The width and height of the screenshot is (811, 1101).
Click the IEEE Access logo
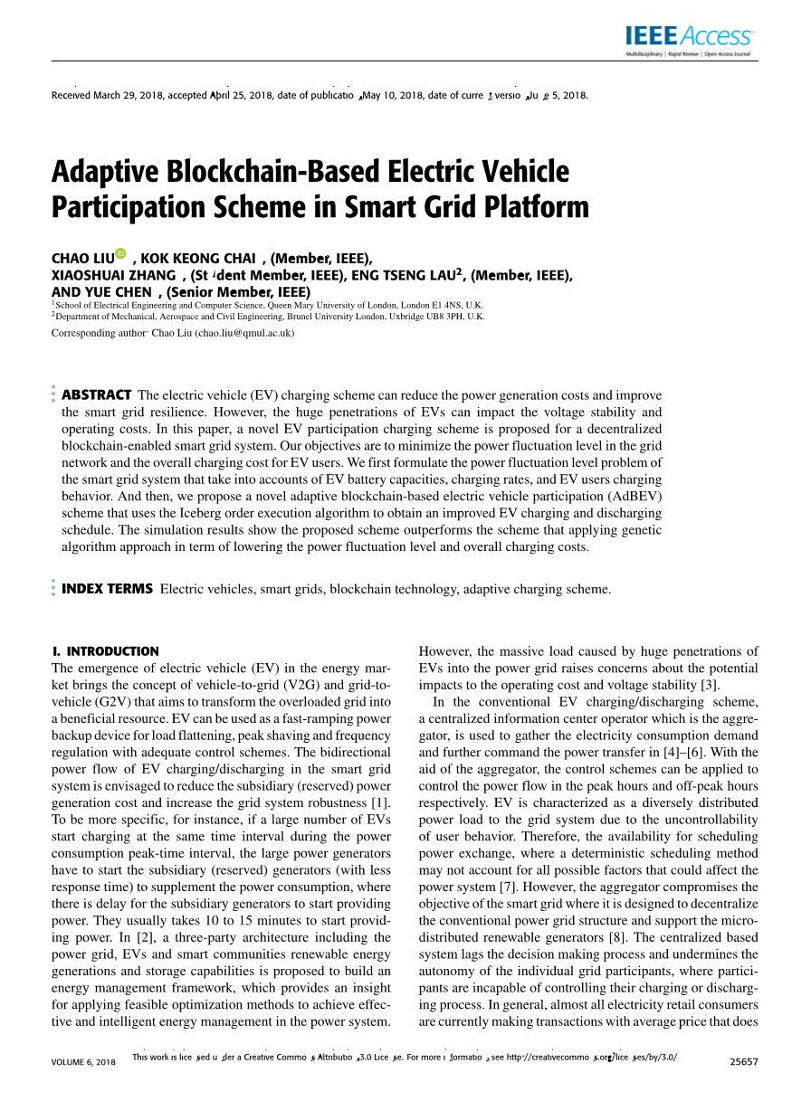point(689,37)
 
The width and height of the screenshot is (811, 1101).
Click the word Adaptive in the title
point(107,171)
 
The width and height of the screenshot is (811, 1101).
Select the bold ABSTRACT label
point(97,394)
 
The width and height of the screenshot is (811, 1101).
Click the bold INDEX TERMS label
point(107,589)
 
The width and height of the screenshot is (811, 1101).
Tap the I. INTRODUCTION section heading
point(106,650)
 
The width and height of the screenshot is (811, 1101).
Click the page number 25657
point(743,1061)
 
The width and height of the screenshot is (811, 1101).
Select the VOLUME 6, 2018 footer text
point(84,1061)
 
